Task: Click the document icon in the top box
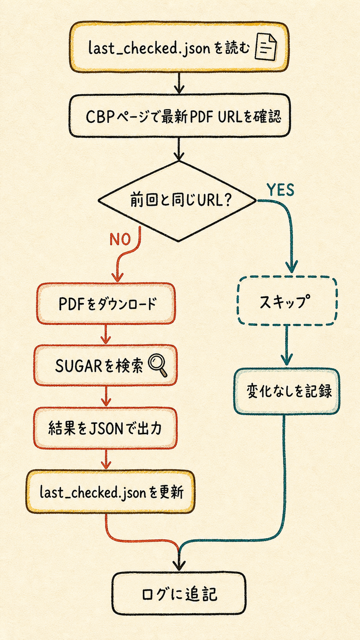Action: point(266,47)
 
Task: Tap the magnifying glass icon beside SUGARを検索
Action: point(158,365)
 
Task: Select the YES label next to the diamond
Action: point(280,190)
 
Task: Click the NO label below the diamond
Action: point(120,240)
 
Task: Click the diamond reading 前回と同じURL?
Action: point(178,201)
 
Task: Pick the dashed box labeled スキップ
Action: point(287,300)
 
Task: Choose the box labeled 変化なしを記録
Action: point(287,391)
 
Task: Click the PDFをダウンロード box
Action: point(106,304)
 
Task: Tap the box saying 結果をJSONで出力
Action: point(105,428)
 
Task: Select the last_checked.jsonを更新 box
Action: point(111,492)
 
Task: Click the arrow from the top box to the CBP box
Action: point(179,83)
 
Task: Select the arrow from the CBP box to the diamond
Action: point(179,149)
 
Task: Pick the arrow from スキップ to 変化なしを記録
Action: point(287,345)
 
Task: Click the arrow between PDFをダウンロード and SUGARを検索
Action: point(106,334)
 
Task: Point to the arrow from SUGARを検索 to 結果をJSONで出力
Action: point(106,396)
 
